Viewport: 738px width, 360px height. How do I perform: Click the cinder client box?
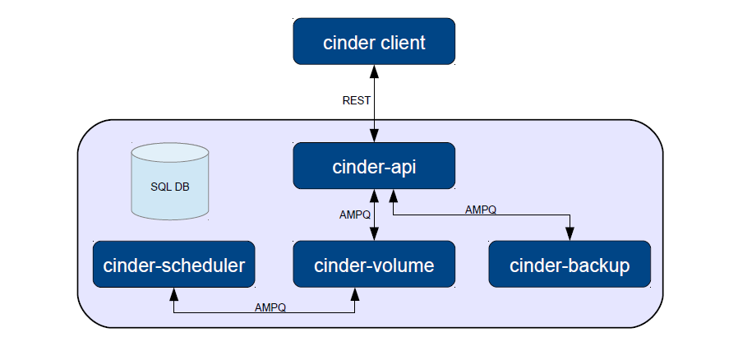point(374,41)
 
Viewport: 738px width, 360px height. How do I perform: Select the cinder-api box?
point(374,166)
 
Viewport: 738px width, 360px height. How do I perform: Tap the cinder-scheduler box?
point(173,264)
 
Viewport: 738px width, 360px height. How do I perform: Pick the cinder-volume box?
point(374,264)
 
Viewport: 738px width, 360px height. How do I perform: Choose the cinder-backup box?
point(570,264)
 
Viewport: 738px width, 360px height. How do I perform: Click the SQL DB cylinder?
point(169,182)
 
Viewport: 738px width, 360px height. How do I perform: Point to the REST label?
point(356,100)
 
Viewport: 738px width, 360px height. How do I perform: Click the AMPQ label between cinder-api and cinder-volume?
point(354,215)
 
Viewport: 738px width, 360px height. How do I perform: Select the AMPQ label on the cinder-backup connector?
point(481,210)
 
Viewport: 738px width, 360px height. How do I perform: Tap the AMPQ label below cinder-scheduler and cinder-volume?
point(270,307)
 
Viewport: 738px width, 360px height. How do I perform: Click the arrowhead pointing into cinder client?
point(374,71)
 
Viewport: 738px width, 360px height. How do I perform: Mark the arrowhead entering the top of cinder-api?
point(374,136)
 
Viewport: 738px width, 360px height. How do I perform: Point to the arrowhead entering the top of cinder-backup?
point(570,234)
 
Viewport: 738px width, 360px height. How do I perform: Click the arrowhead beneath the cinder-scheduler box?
point(173,294)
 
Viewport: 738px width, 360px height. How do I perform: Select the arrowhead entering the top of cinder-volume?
point(374,234)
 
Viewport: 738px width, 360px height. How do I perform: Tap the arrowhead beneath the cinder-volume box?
point(355,294)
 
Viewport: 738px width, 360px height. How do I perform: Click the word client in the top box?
point(402,43)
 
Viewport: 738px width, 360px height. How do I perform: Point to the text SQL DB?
point(170,187)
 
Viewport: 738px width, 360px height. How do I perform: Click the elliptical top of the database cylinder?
point(169,153)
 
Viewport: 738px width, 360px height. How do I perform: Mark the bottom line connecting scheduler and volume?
point(264,312)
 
